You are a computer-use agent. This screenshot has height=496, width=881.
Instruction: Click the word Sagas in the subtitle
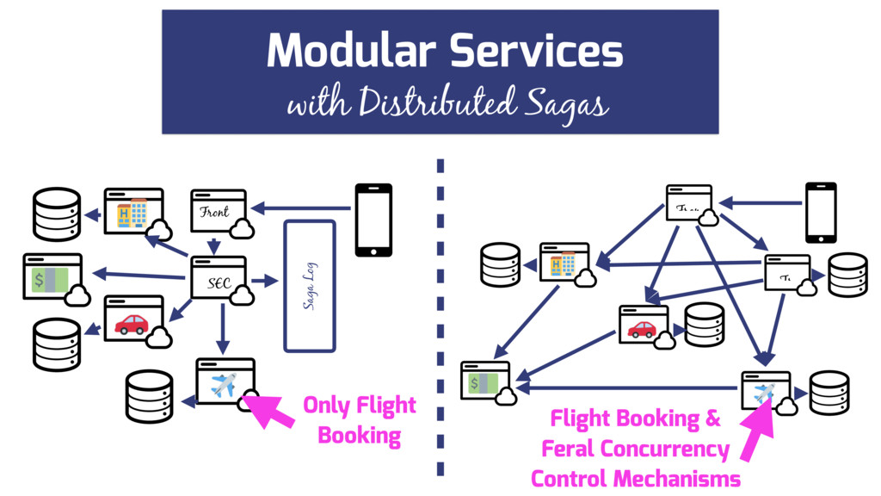coord(563,105)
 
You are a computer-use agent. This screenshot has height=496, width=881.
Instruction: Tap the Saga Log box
coord(309,286)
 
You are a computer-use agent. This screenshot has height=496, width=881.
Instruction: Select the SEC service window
coord(219,279)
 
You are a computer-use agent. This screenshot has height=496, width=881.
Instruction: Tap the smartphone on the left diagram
coord(373,220)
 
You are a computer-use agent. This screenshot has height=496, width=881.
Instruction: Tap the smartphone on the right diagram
coord(821,212)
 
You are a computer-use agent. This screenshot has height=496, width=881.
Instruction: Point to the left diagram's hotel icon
coord(131,213)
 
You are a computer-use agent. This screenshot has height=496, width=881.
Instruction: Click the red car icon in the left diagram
coord(132,324)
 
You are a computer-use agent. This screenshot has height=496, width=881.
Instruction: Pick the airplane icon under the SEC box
coord(223,385)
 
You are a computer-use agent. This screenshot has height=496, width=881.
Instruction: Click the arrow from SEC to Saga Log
coord(265,281)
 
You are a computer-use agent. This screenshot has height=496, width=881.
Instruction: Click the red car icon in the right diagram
coord(642,328)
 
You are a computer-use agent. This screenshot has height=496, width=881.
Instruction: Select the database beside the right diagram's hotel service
coord(501,264)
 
